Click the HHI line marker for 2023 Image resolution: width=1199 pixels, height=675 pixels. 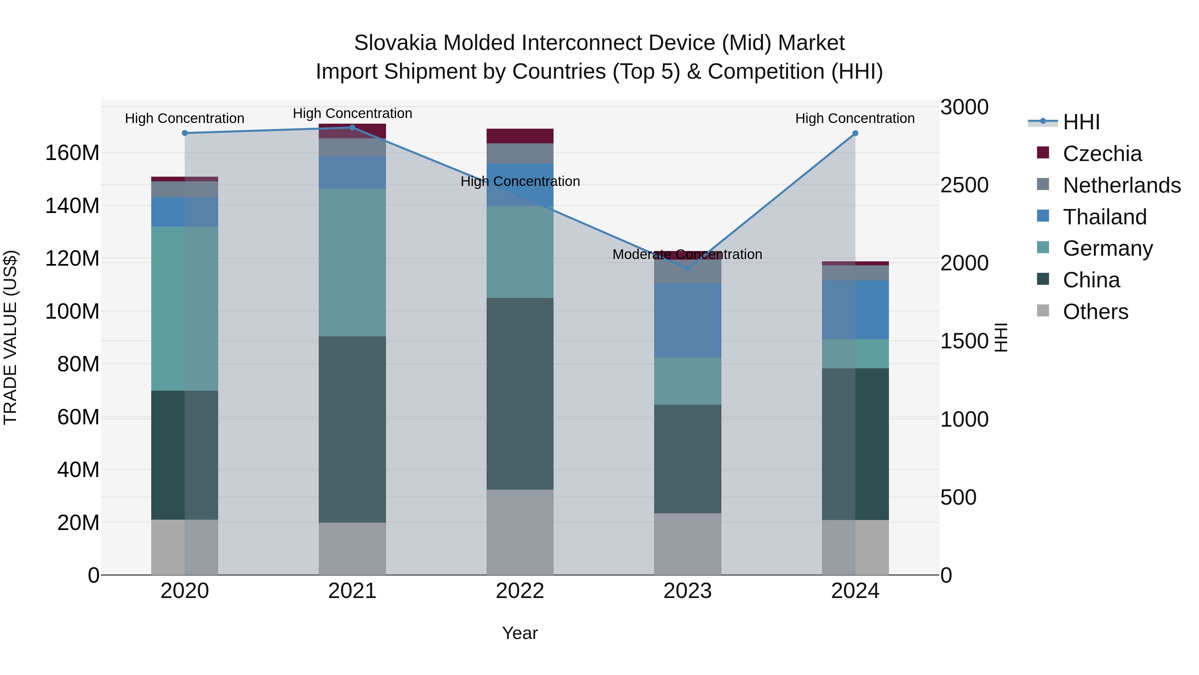[x=687, y=268]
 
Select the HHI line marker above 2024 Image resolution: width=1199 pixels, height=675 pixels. [x=855, y=133]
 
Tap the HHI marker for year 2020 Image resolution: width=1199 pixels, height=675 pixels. [x=185, y=133]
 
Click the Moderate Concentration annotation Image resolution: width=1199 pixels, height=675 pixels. [x=687, y=254]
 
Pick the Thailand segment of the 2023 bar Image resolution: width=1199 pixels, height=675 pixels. [x=687, y=320]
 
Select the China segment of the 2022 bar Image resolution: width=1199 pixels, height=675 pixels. [x=520, y=394]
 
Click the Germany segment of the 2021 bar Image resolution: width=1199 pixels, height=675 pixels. [x=352, y=262]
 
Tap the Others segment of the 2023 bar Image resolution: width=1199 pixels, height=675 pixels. [x=687, y=544]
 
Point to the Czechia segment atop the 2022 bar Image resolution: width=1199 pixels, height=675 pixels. [x=520, y=136]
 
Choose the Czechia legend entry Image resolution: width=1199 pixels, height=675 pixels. [x=1102, y=154]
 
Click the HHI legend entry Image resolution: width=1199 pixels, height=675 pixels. [x=1081, y=122]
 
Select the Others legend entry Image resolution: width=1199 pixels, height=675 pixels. [x=1095, y=312]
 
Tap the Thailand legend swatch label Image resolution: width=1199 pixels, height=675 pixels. [x=1104, y=217]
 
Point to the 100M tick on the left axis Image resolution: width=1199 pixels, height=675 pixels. [x=72, y=311]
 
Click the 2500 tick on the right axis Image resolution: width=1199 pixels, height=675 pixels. [x=964, y=185]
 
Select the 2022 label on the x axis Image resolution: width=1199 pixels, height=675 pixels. [x=520, y=591]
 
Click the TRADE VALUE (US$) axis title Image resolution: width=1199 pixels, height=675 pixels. [x=10, y=337]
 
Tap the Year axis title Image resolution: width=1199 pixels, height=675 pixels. [x=520, y=633]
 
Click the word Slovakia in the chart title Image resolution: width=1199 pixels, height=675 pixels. [x=395, y=43]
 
